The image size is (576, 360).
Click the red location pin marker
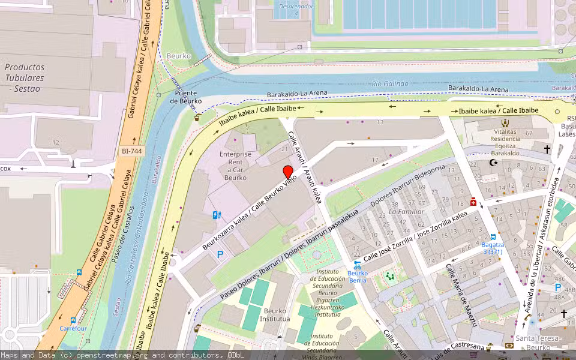pos(288,172)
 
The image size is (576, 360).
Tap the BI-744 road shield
pos(132,152)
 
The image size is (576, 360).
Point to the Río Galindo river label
pos(390,84)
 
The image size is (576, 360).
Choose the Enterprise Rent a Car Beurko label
pos(235,166)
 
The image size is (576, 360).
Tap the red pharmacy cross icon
pos(473,202)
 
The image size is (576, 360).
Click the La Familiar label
pos(406,212)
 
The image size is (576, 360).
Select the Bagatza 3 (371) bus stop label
pos(492,248)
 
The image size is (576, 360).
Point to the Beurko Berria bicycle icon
pos(358,265)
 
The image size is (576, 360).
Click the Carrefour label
pos(73,328)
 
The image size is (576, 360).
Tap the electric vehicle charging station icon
pos(217,215)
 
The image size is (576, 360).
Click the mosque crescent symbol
pos(493,163)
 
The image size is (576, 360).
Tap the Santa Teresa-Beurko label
pos(538,343)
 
